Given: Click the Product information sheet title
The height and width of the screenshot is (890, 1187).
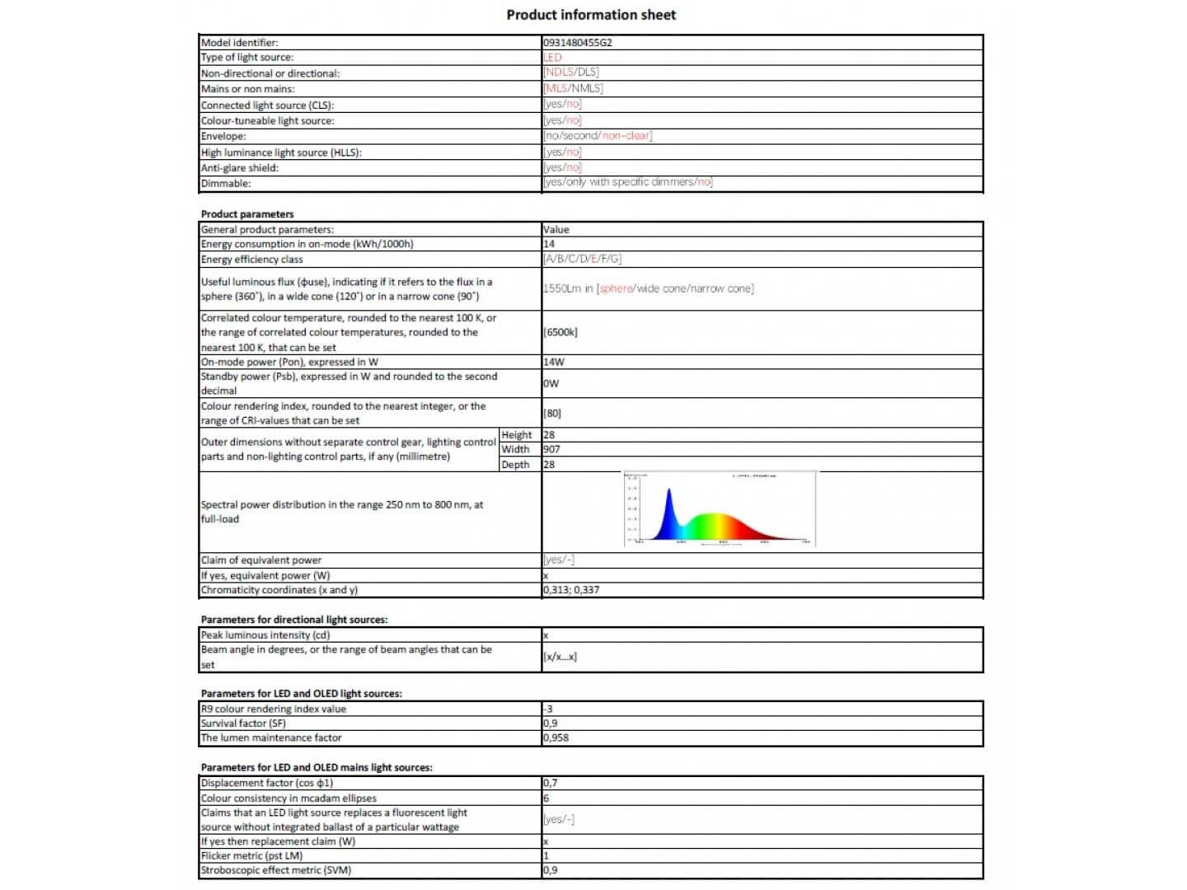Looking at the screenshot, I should pyautogui.click(x=591, y=15).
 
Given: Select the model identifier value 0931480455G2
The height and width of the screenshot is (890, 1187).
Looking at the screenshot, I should pyautogui.click(x=577, y=42).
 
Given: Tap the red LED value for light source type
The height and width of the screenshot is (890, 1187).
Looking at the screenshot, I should pyautogui.click(x=552, y=58).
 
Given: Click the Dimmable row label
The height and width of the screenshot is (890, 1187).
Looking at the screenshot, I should pyautogui.click(x=226, y=183).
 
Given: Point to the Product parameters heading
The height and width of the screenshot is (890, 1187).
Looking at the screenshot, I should pyautogui.click(x=247, y=214).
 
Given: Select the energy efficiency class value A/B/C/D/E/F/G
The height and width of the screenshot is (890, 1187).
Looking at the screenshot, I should pyautogui.click(x=582, y=259).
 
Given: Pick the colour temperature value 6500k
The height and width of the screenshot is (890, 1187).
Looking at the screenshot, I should pyautogui.click(x=561, y=332).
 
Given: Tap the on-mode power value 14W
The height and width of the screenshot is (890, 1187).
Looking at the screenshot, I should pyautogui.click(x=554, y=362).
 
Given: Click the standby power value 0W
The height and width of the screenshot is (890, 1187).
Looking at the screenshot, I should pyautogui.click(x=551, y=383).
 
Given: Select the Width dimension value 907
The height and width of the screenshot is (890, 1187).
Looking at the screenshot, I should pyautogui.click(x=551, y=449).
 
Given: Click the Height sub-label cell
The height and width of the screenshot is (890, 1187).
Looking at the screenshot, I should pyautogui.click(x=517, y=435).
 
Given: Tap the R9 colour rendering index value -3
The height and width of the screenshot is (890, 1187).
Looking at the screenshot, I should pyautogui.click(x=548, y=709).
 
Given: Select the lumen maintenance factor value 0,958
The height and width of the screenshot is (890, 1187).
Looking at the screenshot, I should pyautogui.click(x=556, y=738).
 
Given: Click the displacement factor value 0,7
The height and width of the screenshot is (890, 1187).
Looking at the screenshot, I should pyautogui.click(x=550, y=783).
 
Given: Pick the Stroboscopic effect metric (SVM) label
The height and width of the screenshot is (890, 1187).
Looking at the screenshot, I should pyautogui.click(x=276, y=870).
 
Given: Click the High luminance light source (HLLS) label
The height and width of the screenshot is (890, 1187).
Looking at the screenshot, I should pyautogui.click(x=281, y=152).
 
